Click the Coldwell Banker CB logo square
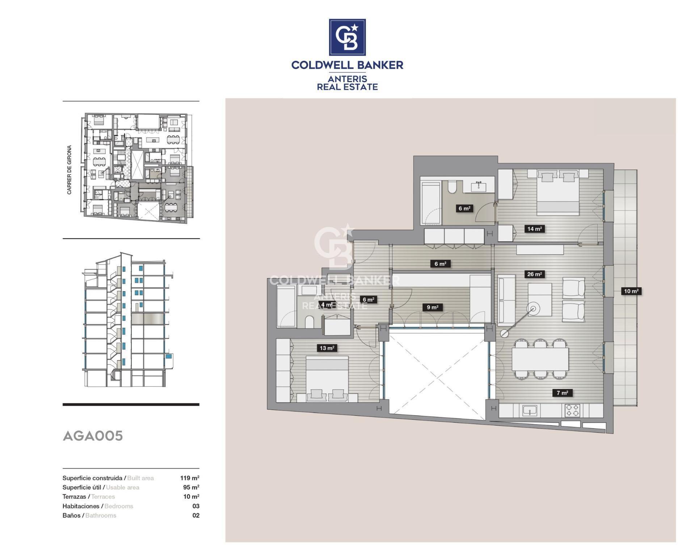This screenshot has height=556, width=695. (347, 37)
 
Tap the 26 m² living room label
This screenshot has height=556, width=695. (534, 274)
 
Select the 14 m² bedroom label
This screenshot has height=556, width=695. (534, 229)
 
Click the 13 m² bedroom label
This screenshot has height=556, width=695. (327, 348)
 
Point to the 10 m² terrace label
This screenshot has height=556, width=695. (631, 291)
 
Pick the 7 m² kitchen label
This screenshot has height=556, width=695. (562, 393)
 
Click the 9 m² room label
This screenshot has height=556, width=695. (432, 308)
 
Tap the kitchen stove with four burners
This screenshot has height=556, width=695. (572, 410)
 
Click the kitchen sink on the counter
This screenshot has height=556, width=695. (530, 411)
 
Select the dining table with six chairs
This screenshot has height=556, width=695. (540, 359)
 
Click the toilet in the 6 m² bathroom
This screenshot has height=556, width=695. (452, 187)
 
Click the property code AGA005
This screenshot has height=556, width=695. (93, 436)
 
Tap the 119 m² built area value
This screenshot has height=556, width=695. (190, 478)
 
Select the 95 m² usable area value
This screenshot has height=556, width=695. (191, 488)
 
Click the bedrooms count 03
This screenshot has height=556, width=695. (196, 506)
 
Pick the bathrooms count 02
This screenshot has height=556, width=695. (196, 516)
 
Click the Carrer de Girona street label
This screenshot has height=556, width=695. (69, 170)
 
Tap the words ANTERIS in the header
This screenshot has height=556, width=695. (347, 79)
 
